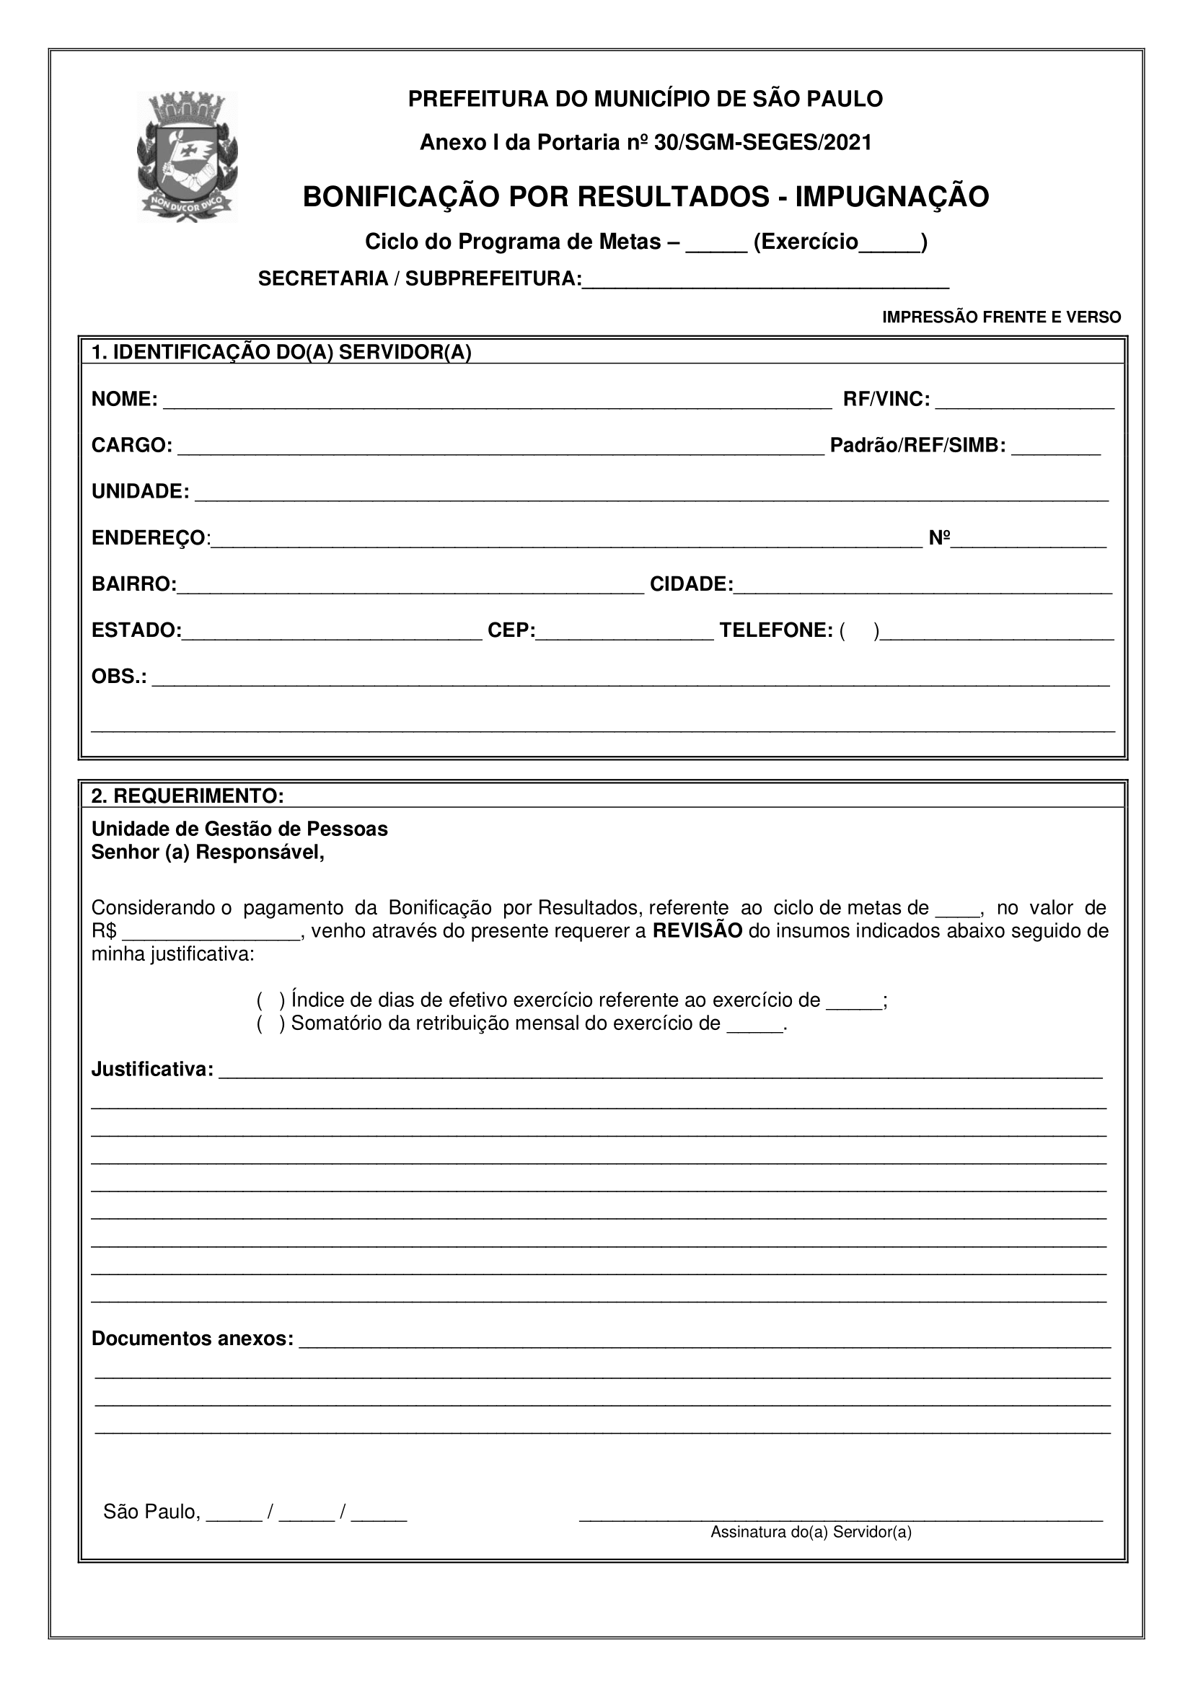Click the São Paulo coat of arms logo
[188, 157]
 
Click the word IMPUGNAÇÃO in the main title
[892, 197]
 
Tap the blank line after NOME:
[496, 400]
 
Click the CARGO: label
[131, 446]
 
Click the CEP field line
[624, 632]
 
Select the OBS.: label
[118, 677]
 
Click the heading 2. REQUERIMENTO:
[188, 796]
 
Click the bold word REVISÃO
[697, 931]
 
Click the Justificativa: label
[152, 1070]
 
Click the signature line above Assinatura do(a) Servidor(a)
[840, 1513]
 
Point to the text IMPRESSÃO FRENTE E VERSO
[1001, 317]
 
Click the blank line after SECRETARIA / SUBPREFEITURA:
[765, 281]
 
